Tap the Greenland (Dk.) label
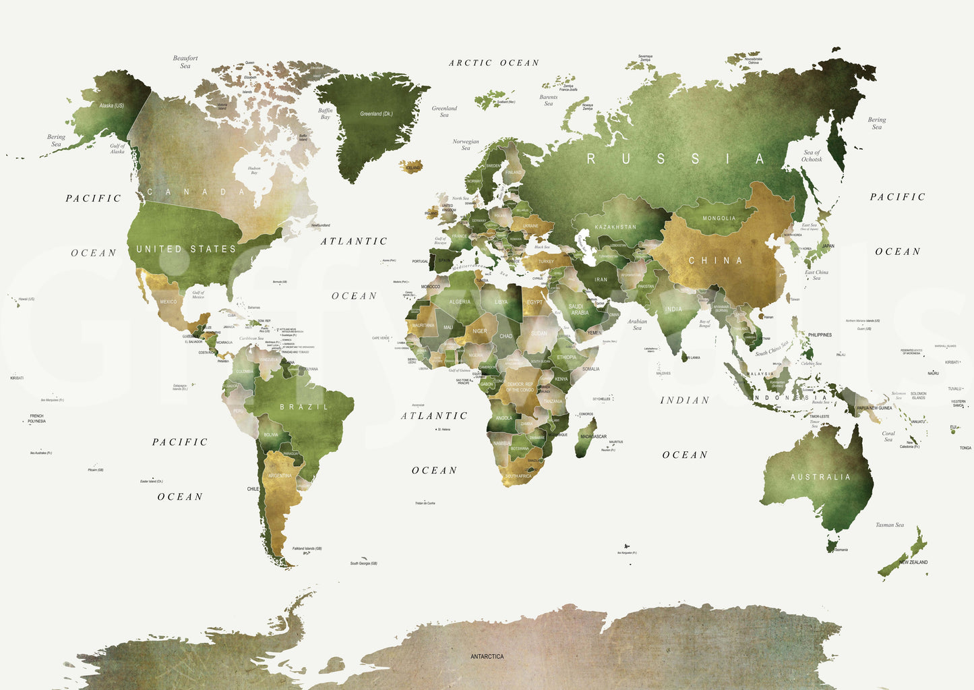point(376,114)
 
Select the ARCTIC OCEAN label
point(494,63)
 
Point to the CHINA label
point(715,260)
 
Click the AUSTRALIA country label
point(820,477)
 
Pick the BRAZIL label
point(304,407)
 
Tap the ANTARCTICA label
point(487,656)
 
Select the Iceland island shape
point(410,166)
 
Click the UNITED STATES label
point(186,249)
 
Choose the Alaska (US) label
point(111,106)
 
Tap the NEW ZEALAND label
point(913,562)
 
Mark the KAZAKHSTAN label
point(615,227)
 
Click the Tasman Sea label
point(890,525)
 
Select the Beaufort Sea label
point(185,62)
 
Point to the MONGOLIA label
point(719,219)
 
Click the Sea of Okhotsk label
point(812,156)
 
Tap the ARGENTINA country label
point(280,476)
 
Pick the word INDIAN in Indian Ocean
point(685,400)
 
